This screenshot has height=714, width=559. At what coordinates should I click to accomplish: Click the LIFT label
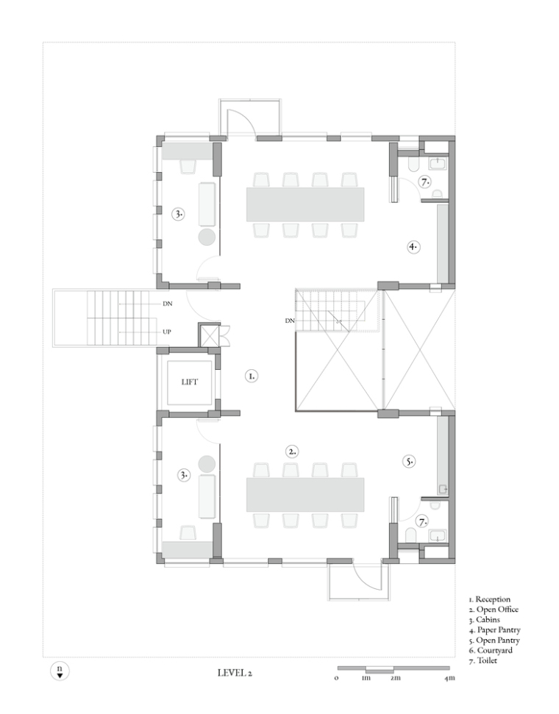[190, 382]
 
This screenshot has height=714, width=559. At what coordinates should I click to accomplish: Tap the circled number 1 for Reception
[251, 376]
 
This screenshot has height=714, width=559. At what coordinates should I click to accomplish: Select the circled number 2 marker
[292, 451]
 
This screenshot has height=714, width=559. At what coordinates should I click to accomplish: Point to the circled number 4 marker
[413, 247]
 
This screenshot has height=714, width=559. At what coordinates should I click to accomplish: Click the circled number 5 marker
[409, 461]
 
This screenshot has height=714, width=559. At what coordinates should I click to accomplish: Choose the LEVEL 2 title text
[235, 673]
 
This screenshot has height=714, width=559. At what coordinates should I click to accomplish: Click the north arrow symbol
[60, 671]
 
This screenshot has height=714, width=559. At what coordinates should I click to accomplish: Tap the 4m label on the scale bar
[449, 678]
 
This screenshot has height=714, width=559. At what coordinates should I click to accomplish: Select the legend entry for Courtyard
[491, 650]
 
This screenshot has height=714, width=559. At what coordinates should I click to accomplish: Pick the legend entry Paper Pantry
[495, 629]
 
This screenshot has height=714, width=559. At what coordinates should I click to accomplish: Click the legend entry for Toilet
[483, 660]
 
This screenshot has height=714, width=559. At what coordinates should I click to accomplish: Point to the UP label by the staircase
[167, 332]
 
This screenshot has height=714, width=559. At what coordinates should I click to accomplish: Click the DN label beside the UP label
[167, 304]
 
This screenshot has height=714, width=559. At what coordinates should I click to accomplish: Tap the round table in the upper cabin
[207, 238]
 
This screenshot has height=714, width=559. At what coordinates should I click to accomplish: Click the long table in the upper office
[305, 204]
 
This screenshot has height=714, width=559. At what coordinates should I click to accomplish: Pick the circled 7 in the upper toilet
[424, 182]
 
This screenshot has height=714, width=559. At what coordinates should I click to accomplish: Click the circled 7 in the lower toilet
[423, 521]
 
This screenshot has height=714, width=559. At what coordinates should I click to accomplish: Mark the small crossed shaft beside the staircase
[209, 335]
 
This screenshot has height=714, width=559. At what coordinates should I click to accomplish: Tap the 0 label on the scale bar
[337, 678]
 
